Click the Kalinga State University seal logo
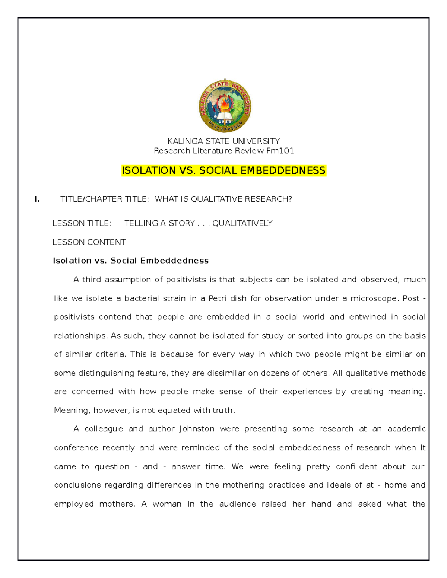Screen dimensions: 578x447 [x=225, y=106]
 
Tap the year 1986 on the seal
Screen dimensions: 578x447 [x=225, y=121]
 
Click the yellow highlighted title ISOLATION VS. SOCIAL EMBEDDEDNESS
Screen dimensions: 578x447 [x=223, y=170]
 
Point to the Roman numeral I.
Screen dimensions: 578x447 [x=37, y=199]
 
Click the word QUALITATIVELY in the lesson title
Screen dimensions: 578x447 [x=242, y=223]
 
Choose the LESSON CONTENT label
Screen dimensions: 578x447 [x=89, y=242]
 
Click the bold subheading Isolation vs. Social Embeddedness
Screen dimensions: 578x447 [x=131, y=261]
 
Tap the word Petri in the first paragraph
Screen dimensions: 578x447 [x=217, y=298]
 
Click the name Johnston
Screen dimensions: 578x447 [x=197, y=429]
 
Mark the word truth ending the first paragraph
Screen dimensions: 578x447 [x=223, y=411]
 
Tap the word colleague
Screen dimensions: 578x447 [x=104, y=429]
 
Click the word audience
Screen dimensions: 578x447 [x=237, y=504]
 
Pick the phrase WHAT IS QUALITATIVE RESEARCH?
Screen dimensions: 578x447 [x=223, y=199]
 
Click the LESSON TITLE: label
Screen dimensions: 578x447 [x=82, y=223]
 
